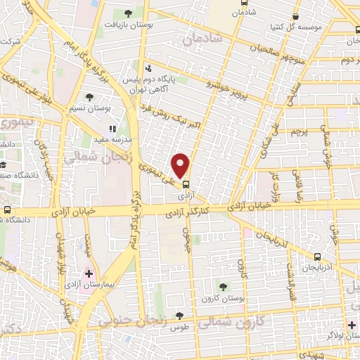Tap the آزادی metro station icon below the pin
(186, 184)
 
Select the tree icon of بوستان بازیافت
(127, 13)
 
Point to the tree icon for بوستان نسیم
(89, 97)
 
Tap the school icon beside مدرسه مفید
(112, 129)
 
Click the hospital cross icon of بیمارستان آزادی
(89, 272)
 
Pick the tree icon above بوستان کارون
(223, 286)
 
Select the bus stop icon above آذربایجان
(318, 256)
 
